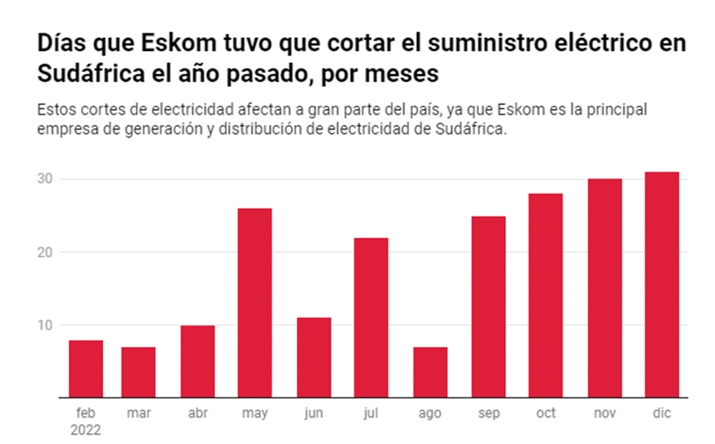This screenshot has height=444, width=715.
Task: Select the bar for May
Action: (255, 303)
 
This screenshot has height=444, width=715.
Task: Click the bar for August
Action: (430, 373)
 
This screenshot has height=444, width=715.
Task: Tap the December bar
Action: (662, 285)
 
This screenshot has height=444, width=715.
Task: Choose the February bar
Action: (86, 369)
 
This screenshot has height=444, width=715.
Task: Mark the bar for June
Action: (313, 358)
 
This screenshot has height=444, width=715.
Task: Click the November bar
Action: (605, 288)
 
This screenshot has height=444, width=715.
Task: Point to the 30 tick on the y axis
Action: (45, 179)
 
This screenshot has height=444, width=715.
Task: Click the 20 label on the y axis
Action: (45, 252)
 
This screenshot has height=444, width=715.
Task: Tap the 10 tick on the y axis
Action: (45, 325)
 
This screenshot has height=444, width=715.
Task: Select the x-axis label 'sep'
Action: (488, 413)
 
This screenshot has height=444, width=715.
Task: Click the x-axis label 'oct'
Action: (547, 413)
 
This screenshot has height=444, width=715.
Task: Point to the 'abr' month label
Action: (197, 413)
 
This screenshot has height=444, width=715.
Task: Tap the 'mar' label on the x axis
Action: (138, 413)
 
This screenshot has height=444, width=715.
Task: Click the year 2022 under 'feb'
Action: (86, 430)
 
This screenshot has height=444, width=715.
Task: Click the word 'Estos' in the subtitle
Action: (56, 110)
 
